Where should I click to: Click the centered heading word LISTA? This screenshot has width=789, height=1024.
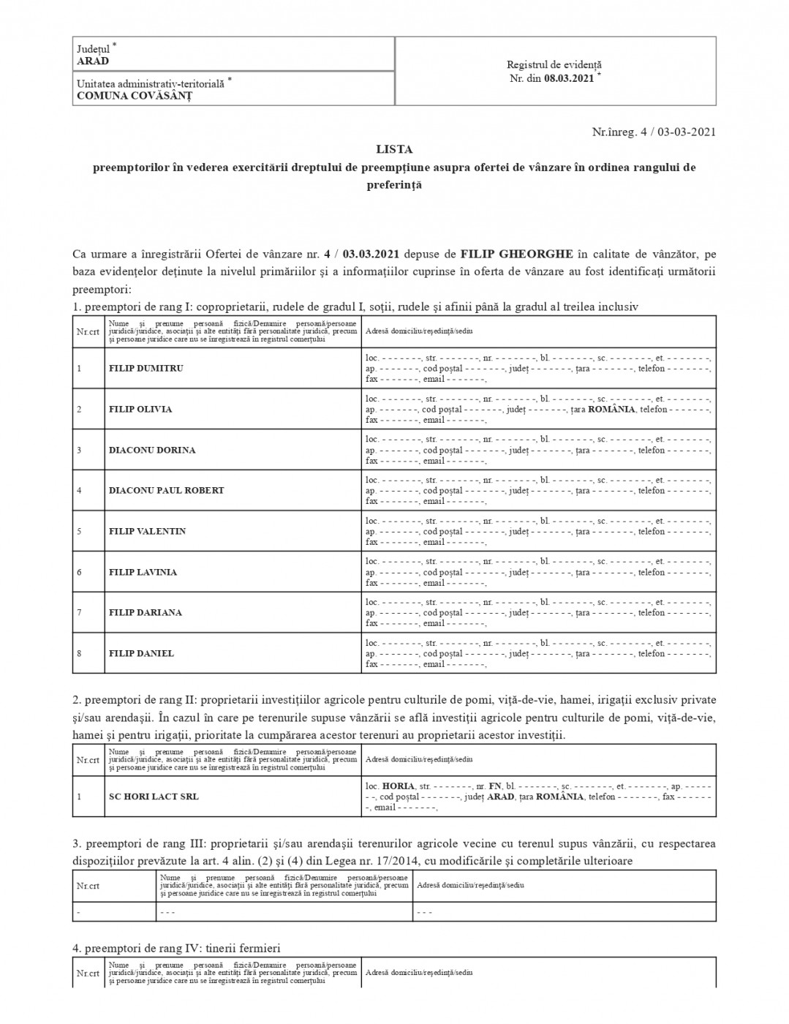coord(394,149)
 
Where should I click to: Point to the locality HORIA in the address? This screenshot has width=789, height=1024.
coord(399,786)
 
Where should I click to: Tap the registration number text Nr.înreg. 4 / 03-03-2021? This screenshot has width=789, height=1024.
coord(653,132)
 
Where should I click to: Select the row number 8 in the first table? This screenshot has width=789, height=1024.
coord(79,654)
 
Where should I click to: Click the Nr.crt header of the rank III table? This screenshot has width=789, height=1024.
coord(88,886)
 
